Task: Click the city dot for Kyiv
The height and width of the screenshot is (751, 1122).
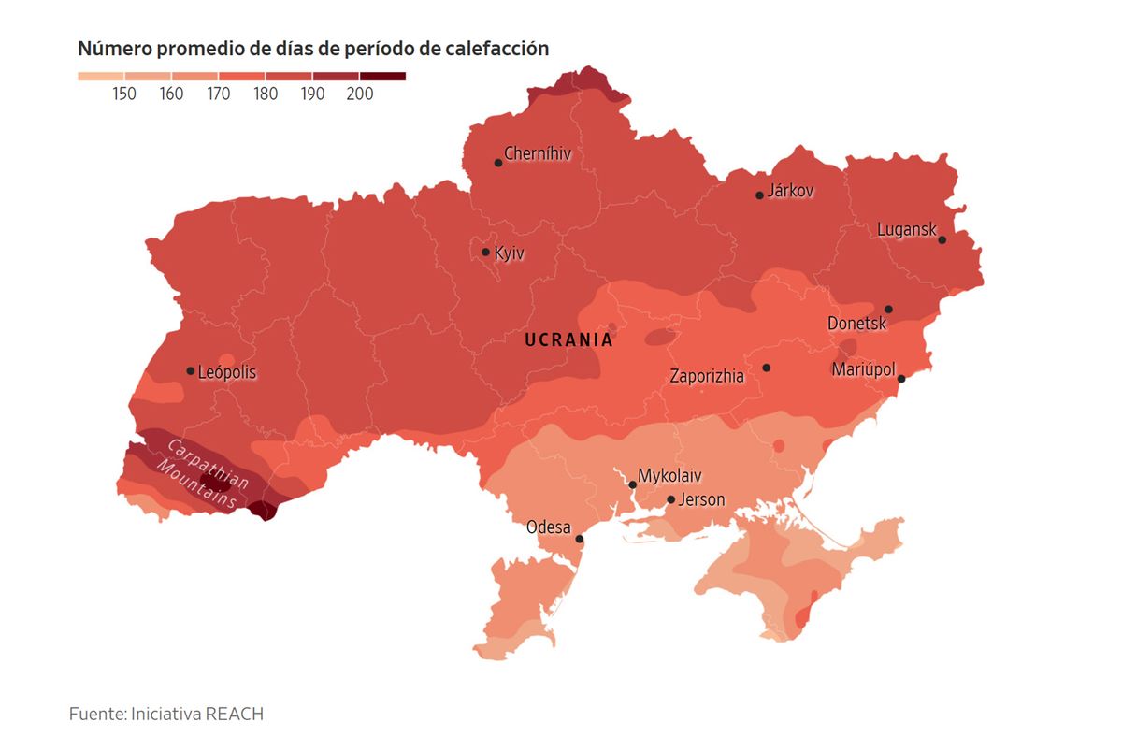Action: click(485, 252)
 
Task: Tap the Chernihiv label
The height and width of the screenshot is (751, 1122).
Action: click(537, 153)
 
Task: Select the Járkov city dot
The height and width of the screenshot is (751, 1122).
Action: click(759, 195)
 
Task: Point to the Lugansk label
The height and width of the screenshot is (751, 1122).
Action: click(906, 230)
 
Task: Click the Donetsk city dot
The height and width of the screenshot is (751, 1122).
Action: click(888, 309)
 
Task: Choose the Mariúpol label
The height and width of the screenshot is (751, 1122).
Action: click(863, 370)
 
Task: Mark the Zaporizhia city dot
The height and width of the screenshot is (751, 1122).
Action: click(766, 368)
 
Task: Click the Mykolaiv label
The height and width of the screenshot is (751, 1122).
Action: click(669, 475)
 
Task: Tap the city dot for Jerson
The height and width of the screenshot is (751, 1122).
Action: click(670, 499)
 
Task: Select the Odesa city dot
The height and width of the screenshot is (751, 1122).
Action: click(579, 539)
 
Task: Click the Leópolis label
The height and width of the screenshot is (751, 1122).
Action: click(227, 372)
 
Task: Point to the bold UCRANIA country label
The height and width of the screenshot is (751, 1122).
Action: click(568, 340)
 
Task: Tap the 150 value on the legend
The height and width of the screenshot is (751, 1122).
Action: click(124, 94)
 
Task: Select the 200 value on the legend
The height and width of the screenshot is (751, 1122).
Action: click(359, 94)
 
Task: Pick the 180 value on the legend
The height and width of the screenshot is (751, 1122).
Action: click(266, 94)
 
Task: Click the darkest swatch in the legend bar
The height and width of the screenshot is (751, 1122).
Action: click(382, 77)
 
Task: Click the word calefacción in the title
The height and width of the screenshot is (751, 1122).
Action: click(493, 49)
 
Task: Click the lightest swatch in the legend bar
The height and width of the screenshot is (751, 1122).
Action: click(100, 77)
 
